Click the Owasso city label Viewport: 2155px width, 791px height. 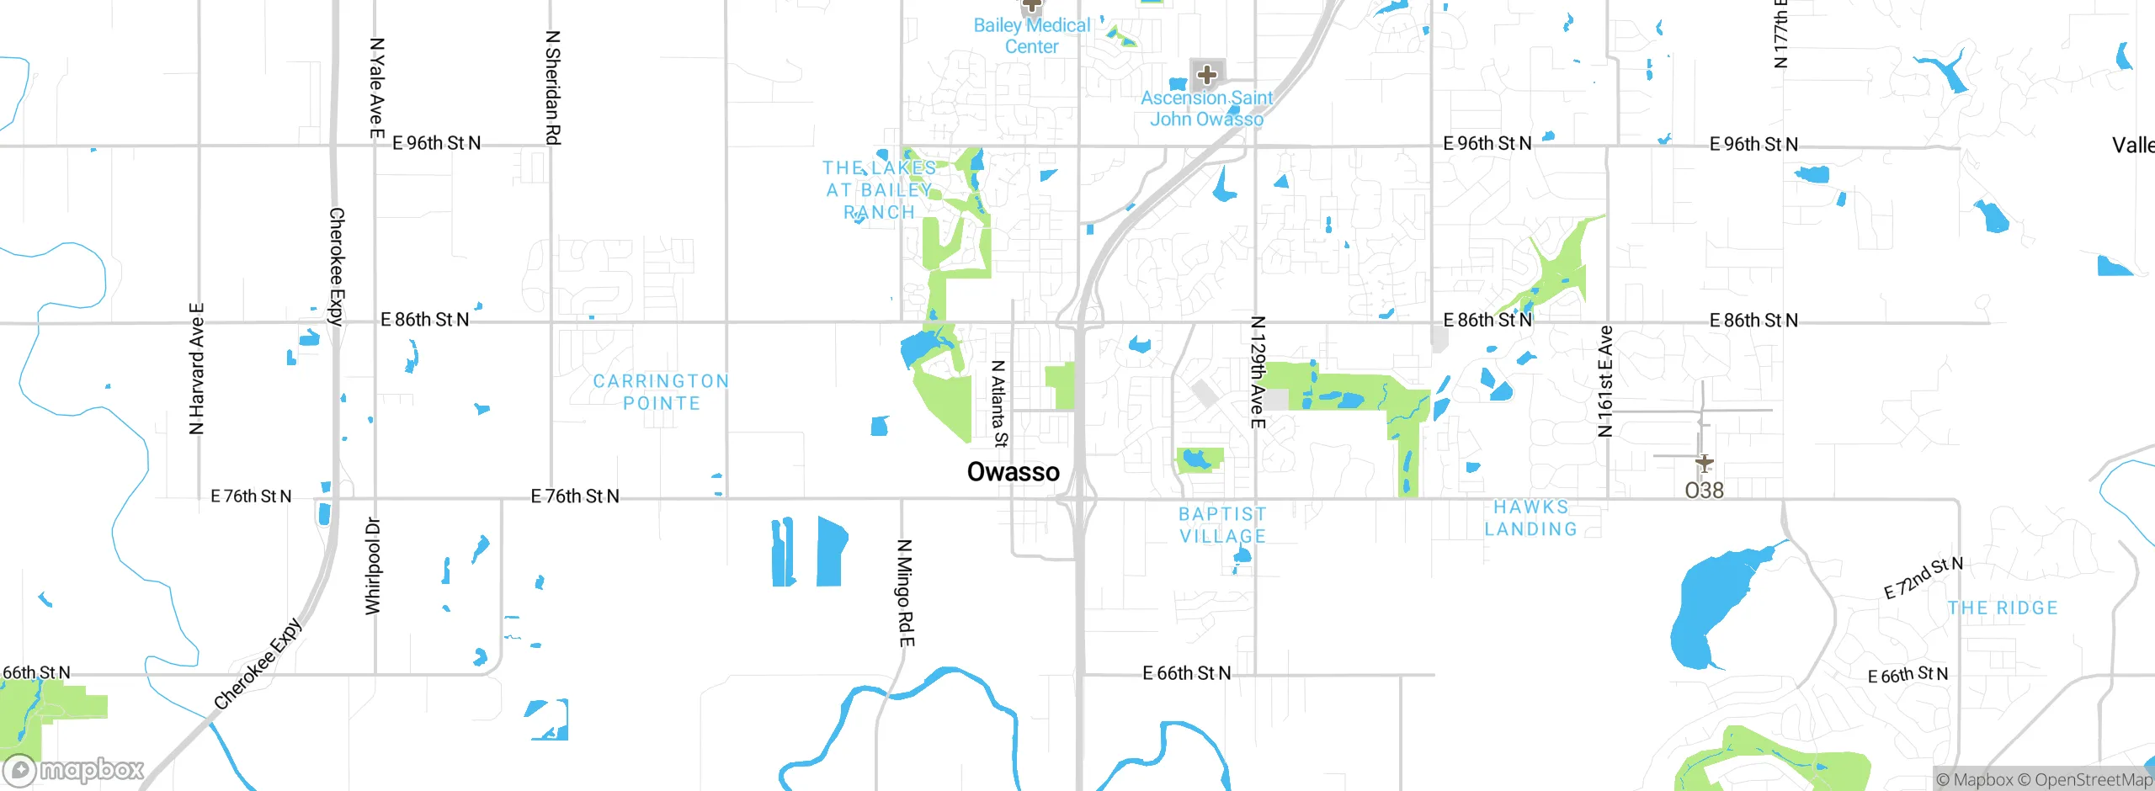(1013, 472)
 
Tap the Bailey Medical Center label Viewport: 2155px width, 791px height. (1031, 36)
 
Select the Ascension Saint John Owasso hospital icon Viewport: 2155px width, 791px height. (1206, 75)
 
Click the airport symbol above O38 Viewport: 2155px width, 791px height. (1704, 463)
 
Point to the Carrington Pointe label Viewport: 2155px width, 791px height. (661, 392)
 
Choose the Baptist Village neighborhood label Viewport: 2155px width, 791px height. (1222, 525)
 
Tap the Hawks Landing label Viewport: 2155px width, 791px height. (1530, 518)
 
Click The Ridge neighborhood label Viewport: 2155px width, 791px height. (2002, 608)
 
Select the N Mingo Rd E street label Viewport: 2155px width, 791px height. (905, 593)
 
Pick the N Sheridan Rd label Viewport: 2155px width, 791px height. (553, 88)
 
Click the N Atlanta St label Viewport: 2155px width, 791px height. (998, 404)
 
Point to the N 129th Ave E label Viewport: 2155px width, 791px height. (1258, 372)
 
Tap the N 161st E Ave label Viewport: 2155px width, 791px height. (1605, 381)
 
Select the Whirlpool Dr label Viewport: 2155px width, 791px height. (373, 566)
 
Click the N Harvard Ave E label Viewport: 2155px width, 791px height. (196, 369)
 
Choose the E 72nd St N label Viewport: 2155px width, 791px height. (1923, 577)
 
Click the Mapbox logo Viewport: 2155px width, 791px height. (74, 769)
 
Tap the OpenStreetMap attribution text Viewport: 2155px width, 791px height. (2093, 780)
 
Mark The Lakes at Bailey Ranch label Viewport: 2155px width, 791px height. (879, 190)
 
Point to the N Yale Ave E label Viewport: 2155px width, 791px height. (377, 88)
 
